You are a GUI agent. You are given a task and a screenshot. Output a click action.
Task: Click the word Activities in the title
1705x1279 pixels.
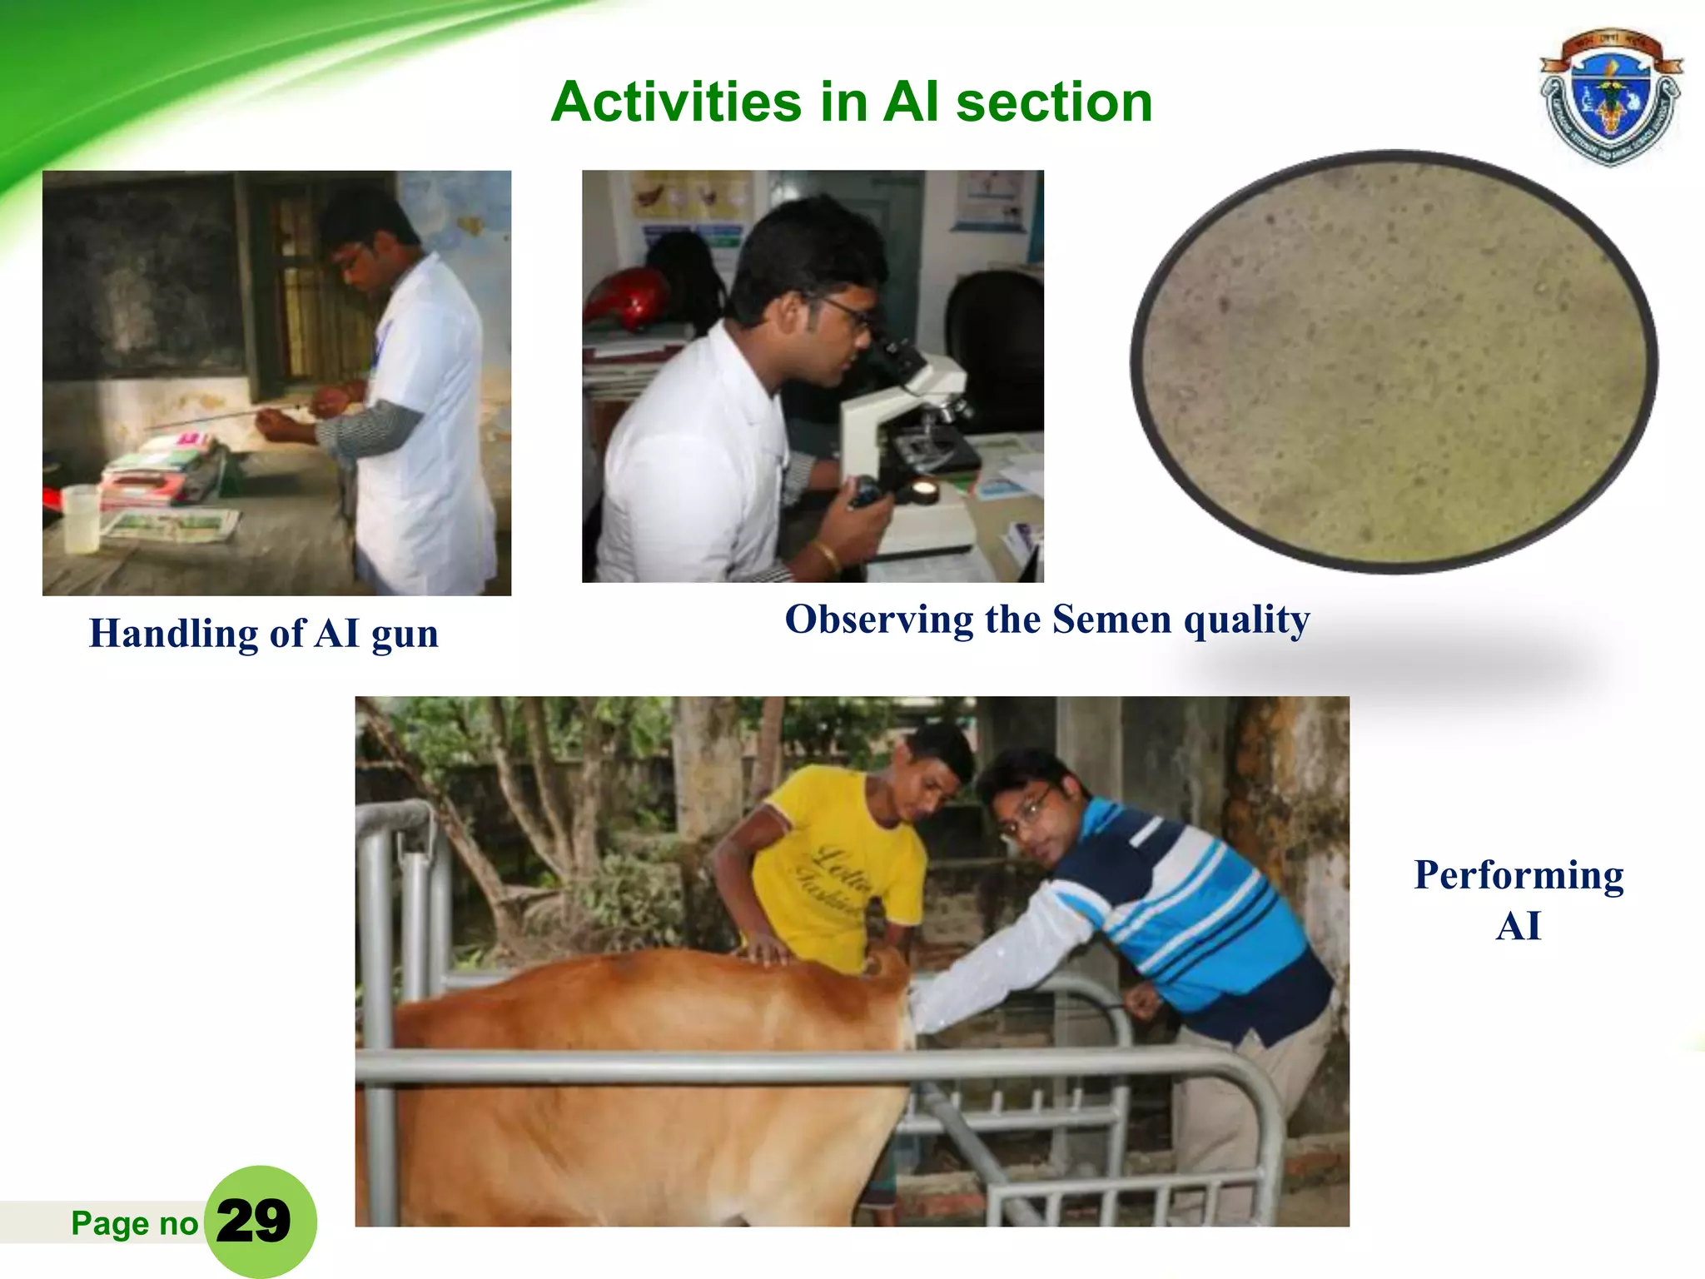click(675, 102)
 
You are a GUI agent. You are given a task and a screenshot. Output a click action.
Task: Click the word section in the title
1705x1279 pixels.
click(1053, 102)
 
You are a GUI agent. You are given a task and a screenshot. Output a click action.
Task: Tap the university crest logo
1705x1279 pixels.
click(1610, 97)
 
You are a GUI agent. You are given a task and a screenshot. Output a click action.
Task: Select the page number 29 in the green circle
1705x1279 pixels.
click(254, 1221)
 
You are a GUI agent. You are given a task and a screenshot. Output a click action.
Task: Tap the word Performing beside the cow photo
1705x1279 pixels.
click(1518, 875)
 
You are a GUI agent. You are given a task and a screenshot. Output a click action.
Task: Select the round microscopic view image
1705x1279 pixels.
click(1394, 362)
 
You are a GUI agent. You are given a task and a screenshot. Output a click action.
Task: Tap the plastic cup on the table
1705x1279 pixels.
click(81, 519)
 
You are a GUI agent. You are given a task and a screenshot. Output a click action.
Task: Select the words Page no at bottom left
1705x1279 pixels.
click(134, 1223)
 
